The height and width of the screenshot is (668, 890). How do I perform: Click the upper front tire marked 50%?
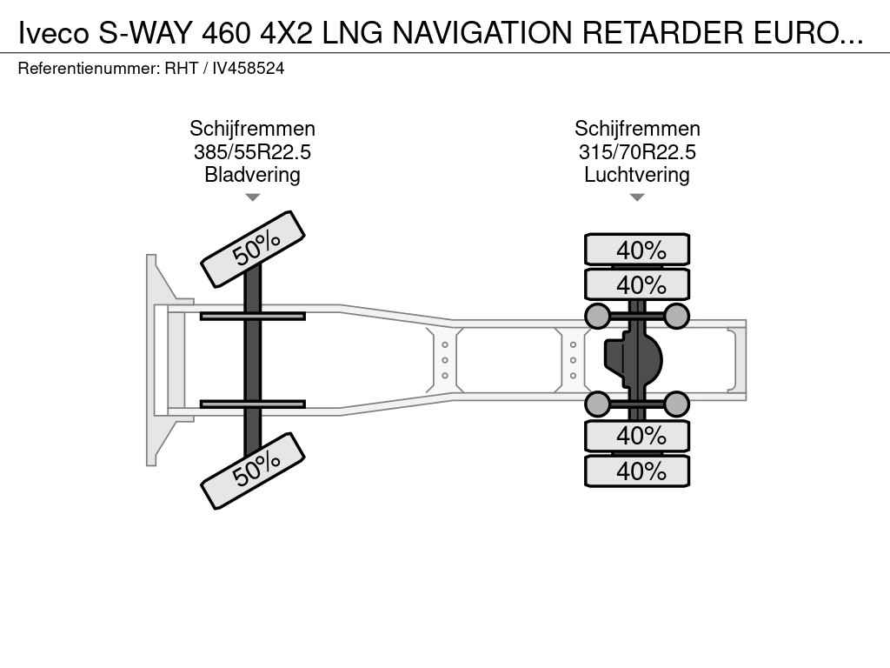[253, 249]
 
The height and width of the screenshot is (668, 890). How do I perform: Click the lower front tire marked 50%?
[253, 471]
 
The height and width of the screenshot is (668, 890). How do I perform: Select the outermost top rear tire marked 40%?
[637, 250]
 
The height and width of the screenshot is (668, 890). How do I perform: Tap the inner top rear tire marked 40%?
[637, 284]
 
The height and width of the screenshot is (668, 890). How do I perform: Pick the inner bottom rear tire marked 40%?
[637, 435]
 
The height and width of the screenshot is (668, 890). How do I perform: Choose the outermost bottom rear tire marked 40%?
[637, 471]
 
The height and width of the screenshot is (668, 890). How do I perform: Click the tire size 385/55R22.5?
[252, 152]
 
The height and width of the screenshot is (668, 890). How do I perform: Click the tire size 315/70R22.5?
[637, 152]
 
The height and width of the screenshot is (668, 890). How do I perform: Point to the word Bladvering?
[252, 175]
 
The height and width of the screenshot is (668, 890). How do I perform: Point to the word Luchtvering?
[637, 175]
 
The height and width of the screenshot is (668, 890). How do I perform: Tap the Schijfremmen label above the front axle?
[252, 130]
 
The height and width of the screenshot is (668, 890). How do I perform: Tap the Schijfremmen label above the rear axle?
[637, 130]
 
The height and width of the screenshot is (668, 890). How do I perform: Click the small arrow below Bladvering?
[252, 197]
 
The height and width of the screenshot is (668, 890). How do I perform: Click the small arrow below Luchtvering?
[637, 197]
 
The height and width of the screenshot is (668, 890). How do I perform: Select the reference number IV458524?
[249, 68]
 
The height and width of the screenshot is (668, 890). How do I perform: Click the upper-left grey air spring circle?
[597, 315]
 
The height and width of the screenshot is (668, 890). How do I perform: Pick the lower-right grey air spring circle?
[676, 404]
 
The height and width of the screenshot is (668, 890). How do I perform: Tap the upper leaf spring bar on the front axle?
[252, 316]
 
